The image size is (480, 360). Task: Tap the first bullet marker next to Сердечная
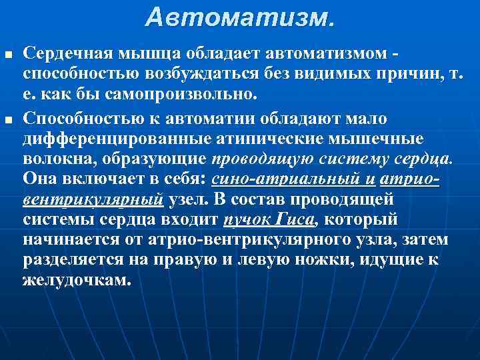[x=8, y=53]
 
